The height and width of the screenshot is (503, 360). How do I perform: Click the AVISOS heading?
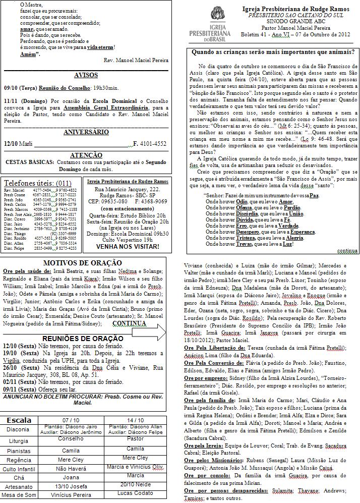pos(86,75)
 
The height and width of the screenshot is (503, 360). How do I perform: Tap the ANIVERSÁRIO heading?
pos(86,132)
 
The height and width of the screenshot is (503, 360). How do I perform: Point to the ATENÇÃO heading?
pos(86,155)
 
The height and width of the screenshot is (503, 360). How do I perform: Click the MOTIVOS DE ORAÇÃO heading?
pos(82,263)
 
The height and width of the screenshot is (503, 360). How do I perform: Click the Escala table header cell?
pos(19,420)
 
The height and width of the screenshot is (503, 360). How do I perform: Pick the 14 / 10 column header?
pos(136,420)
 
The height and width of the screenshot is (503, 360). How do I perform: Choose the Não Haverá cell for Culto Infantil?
pos(71,468)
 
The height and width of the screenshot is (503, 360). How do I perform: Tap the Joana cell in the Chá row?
pos(71,477)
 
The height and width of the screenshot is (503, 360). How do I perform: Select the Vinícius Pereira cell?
pos(71,495)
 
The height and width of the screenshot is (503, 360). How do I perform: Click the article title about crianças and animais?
pos(273,51)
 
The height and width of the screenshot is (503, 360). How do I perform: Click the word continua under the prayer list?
pos(347,250)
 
